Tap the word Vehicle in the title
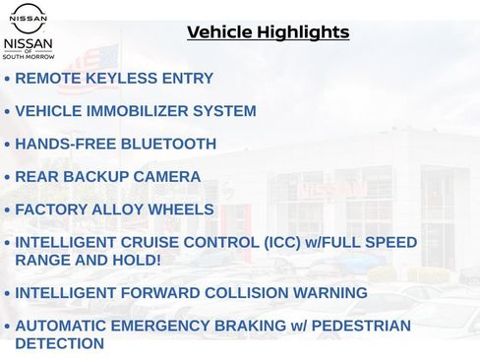tap(219, 32)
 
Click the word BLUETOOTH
tap(167, 144)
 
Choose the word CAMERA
tap(168, 177)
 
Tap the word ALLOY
tap(118, 210)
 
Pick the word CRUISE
tap(151, 242)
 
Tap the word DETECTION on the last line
tap(59, 343)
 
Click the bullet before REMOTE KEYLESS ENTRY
tap(8, 79)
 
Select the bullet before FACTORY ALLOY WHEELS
tap(8, 210)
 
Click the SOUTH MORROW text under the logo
tap(29, 57)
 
